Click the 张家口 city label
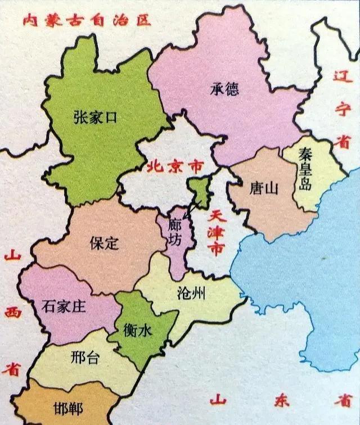pos(94,117)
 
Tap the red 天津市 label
pos(215,233)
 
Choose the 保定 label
pos(105,242)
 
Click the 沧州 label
pos(190,292)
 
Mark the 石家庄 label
pos(63,306)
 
